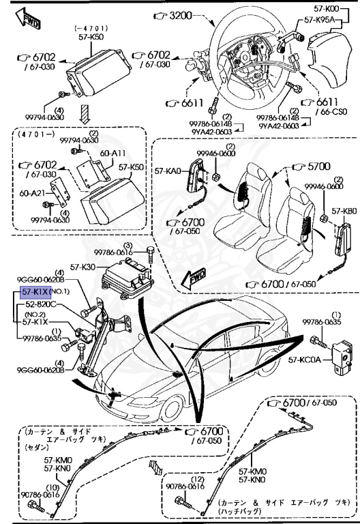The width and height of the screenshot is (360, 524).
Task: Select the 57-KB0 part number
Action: coord(344,212)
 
